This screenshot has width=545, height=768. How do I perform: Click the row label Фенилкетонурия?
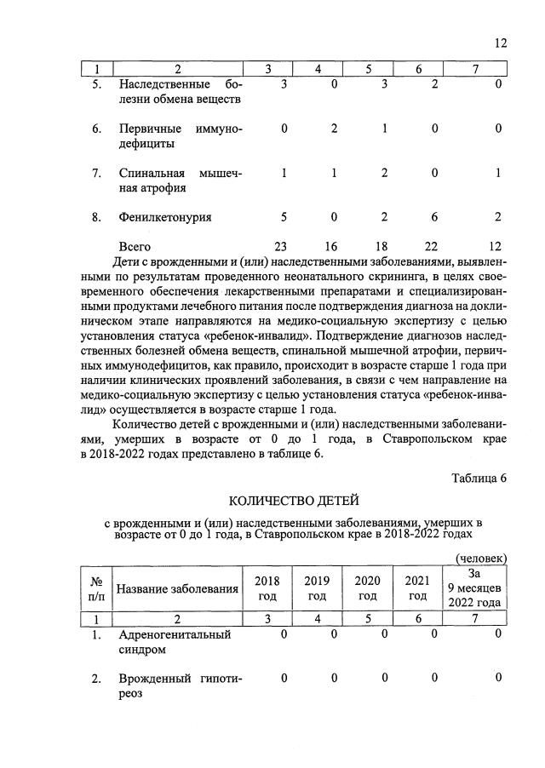point(165,217)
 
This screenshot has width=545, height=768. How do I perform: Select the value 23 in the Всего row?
point(284,246)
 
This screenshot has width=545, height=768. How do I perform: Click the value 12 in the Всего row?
point(496,246)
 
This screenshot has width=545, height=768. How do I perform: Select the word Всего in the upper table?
point(138,246)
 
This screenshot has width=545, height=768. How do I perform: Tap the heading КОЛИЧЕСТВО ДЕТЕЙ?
point(288,499)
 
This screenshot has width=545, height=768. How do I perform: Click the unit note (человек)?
point(482,558)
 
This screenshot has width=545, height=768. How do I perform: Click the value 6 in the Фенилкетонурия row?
point(434,217)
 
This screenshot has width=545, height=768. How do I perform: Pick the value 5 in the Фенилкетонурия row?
point(284,217)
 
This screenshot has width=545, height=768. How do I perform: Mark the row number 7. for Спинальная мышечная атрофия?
point(97,174)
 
